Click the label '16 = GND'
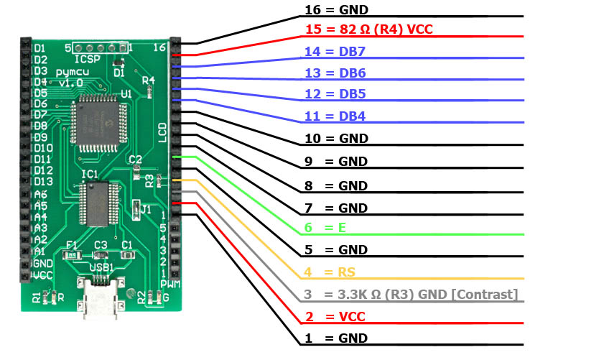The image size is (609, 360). tap(336, 10)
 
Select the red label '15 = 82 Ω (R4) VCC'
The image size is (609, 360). tap(369, 29)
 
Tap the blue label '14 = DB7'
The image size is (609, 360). tap(335, 51)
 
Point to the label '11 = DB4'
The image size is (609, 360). tap(335, 116)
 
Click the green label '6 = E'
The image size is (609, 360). tap(325, 228)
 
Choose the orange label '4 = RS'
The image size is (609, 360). tap(330, 272)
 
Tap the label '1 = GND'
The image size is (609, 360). tap(336, 338)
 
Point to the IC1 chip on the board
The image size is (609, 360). tap(98, 204)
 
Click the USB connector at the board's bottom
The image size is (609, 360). tap(101, 296)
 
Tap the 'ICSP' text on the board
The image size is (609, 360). tap(87, 60)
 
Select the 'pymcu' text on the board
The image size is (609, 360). tap(73, 72)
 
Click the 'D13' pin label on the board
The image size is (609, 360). tap(43, 182)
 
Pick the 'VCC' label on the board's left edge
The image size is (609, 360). tap(42, 275)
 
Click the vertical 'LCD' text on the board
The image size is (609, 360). tap(162, 132)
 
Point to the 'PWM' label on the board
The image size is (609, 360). tap(170, 284)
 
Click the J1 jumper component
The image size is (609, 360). tap(136, 210)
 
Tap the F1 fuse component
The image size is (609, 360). tap(72, 255)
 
